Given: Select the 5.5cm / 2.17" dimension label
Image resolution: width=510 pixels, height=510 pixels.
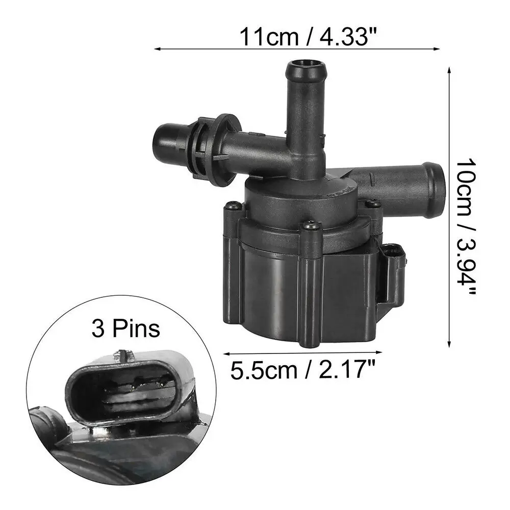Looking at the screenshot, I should tap(301, 369).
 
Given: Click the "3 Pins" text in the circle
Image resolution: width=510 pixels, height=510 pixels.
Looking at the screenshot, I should tap(125, 329).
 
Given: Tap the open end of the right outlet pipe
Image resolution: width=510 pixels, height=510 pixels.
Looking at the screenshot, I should tap(433, 180).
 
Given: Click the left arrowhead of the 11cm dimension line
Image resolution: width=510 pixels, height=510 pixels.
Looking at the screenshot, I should tap(156, 49).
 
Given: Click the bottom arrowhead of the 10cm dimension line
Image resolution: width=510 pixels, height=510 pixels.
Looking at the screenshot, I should tap(449, 344).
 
